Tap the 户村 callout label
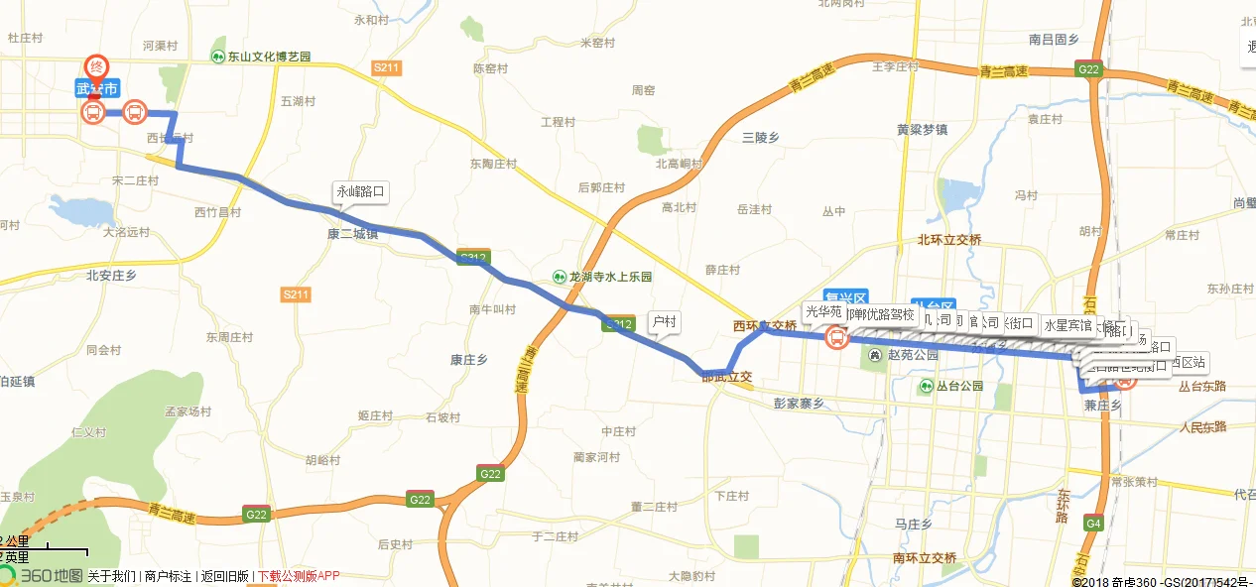pos(663,321)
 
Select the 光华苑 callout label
pos(822,311)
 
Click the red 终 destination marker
pos(96,65)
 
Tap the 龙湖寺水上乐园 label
pos(602,277)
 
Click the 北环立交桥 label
pos(948,240)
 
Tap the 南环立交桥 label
pos(924,557)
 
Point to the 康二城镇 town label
pos(352,234)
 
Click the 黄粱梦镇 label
pos(922,129)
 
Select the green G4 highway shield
pos(1093,523)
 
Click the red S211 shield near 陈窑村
pos(386,67)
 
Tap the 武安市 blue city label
pos(97,88)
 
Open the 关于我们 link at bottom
pos(111,576)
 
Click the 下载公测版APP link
pos(298,576)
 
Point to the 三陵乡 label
pos(760,138)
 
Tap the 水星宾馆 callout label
pos(1068,324)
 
